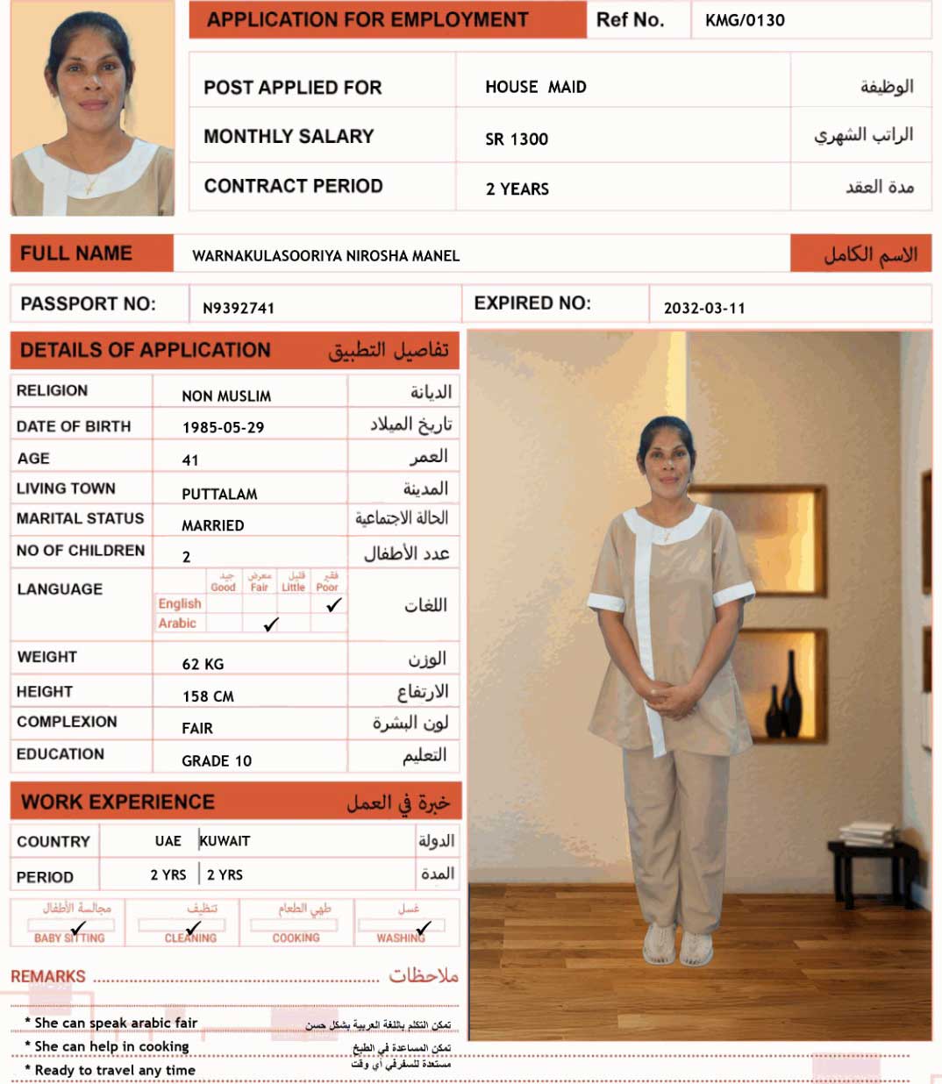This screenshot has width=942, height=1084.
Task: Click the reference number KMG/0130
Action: [x=745, y=20]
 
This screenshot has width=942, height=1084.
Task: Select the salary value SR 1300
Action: [x=517, y=139]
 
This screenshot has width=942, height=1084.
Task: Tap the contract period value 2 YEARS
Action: [x=517, y=189]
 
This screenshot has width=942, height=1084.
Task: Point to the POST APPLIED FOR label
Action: [x=292, y=88]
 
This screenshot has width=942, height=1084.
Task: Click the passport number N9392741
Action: [x=239, y=308]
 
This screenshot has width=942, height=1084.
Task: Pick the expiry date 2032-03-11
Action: [x=704, y=308]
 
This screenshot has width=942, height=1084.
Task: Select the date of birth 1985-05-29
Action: [x=223, y=427]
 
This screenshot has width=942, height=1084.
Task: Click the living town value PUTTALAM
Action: [x=219, y=494]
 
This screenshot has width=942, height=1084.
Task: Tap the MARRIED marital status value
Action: [x=212, y=525]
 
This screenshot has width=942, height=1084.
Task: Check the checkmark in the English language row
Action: [x=334, y=604]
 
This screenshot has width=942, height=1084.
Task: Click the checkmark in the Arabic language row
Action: [x=271, y=624]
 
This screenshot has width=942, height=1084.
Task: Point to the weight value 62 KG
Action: [x=203, y=664]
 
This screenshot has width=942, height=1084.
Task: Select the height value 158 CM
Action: [x=208, y=696]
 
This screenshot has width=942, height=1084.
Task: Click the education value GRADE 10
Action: [x=217, y=760]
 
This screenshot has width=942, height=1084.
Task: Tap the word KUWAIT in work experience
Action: [x=225, y=840]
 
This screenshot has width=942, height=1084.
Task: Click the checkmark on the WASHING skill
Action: [x=424, y=927]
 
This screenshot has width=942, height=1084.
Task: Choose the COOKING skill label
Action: [x=296, y=938]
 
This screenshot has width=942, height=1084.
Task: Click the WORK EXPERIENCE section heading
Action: [x=118, y=802]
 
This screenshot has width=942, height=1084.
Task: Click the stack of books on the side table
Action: [x=867, y=832]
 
